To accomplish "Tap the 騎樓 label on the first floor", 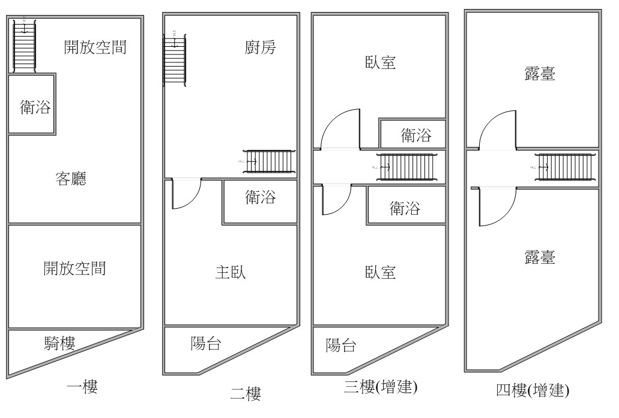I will pyautogui.click(x=59, y=343).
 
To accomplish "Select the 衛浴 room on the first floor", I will pyautogui.click(x=32, y=107).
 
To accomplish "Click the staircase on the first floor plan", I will pyautogui.click(x=25, y=46).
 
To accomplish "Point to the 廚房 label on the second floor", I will pyautogui.click(x=261, y=47).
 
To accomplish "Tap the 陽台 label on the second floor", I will pyautogui.click(x=206, y=344).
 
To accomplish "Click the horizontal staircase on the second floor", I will pyautogui.click(x=270, y=161).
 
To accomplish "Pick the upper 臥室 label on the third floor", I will pyautogui.click(x=380, y=62).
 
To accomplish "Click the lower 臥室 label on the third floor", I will pyautogui.click(x=380, y=272).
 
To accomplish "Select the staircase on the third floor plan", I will pyautogui.click(x=408, y=166).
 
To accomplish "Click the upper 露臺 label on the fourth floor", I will pyautogui.click(x=539, y=74).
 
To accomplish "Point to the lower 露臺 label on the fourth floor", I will pyautogui.click(x=539, y=257).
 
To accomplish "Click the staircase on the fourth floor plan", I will pyautogui.click(x=564, y=166).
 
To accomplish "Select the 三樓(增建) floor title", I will pyautogui.click(x=381, y=387).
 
